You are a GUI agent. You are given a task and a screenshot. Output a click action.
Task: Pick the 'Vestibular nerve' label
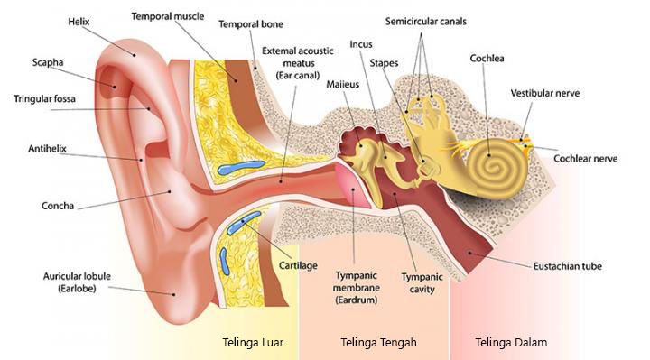(546, 93)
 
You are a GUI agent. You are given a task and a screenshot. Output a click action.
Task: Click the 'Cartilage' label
(298, 265)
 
